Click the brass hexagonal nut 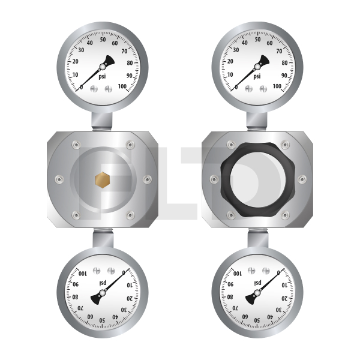click(103, 180)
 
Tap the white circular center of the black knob click(257, 180)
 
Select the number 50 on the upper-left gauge click(103, 40)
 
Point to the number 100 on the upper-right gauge click(277, 86)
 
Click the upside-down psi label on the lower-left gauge click(103, 283)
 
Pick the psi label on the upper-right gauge click(257, 76)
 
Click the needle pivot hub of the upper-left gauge click(103, 67)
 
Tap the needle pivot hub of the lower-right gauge click(257, 293)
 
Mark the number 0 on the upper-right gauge click(236, 87)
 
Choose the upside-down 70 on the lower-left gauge click(80, 308)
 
